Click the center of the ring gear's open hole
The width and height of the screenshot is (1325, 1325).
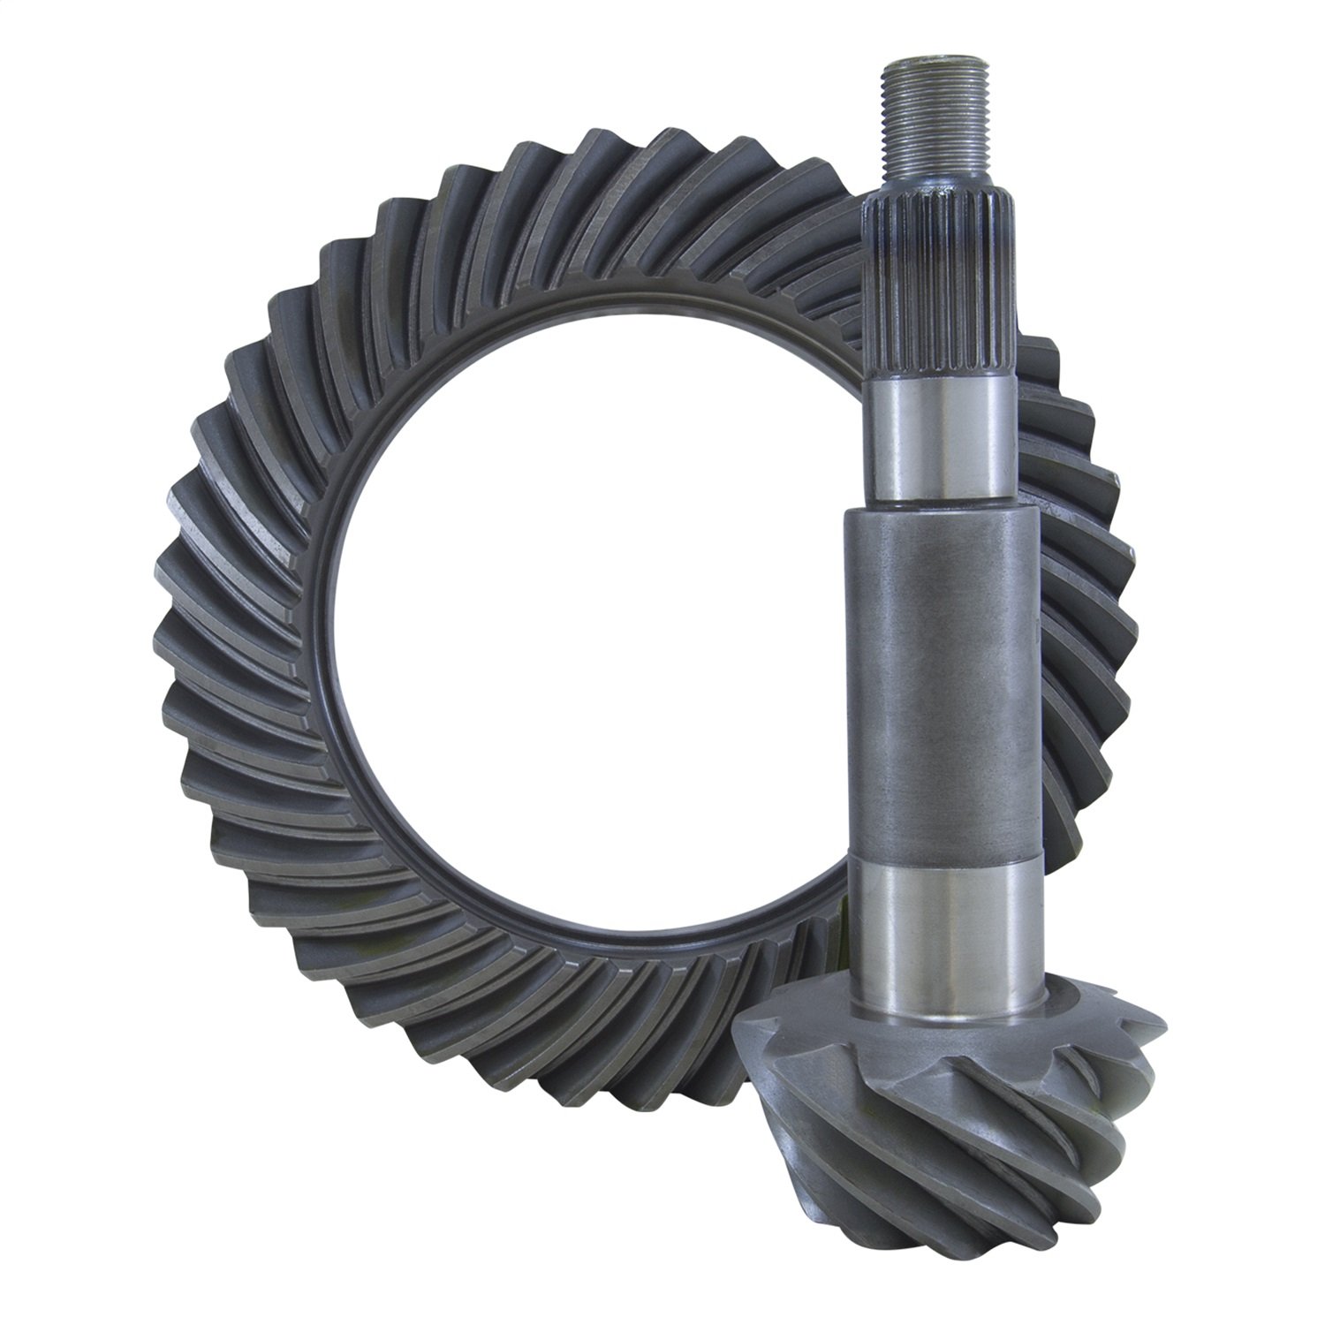pos(574,609)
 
